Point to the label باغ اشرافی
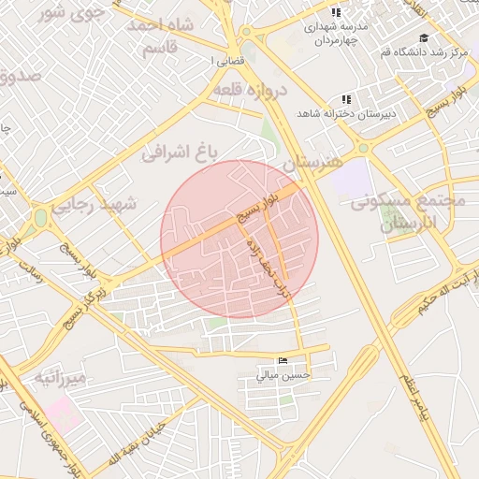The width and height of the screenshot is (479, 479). [180, 151]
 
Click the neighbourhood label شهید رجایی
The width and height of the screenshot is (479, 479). [96, 203]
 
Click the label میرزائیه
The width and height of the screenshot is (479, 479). [62, 377]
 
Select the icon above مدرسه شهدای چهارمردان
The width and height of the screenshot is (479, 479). [336, 12]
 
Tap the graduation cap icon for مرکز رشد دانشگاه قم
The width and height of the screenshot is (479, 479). [424, 38]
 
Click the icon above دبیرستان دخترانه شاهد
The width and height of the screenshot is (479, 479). [346, 99]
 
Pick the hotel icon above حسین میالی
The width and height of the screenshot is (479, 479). [283, 361]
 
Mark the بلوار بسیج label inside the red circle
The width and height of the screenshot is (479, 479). [255, 205]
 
